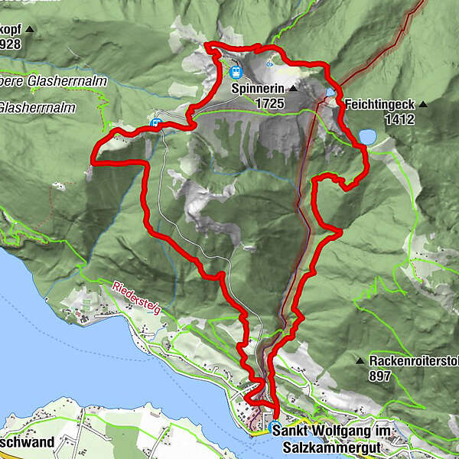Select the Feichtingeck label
click(379, 103)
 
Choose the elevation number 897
click(379, 376)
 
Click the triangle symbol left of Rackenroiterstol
click(360, 360)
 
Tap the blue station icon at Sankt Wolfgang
click(275, 427)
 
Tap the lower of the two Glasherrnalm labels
click(38, 108)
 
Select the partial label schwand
click(28, 442)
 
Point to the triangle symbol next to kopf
click(30, 30)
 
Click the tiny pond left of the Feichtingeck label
click(330, 93)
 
